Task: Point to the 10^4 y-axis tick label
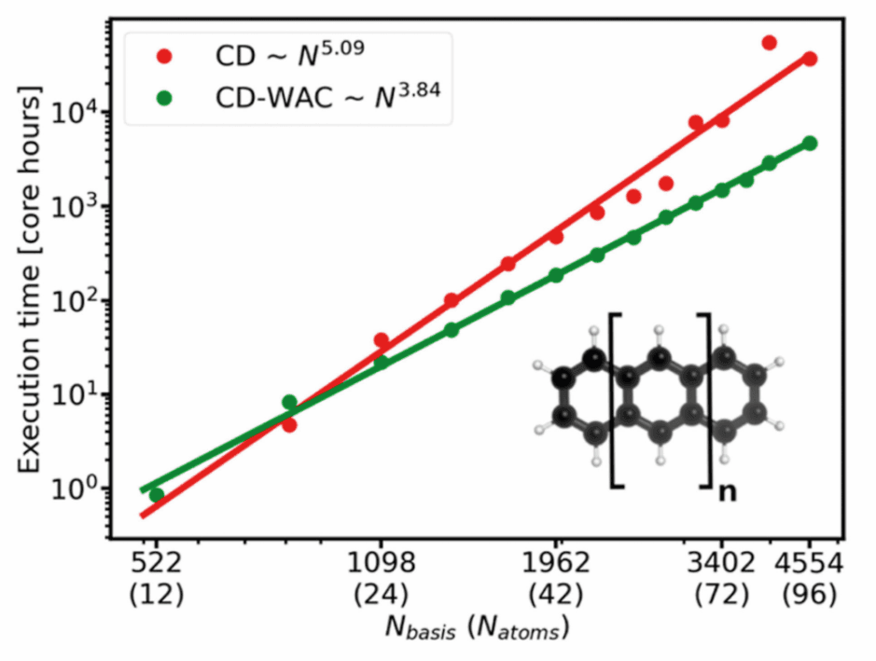[77, 114]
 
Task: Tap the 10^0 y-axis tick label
[77, 489]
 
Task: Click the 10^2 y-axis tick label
[77, 301]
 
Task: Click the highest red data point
[770, 43]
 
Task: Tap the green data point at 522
[156, 495]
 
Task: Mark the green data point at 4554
[810, 143]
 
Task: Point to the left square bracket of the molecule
[616, 401]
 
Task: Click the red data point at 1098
[381, 341]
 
